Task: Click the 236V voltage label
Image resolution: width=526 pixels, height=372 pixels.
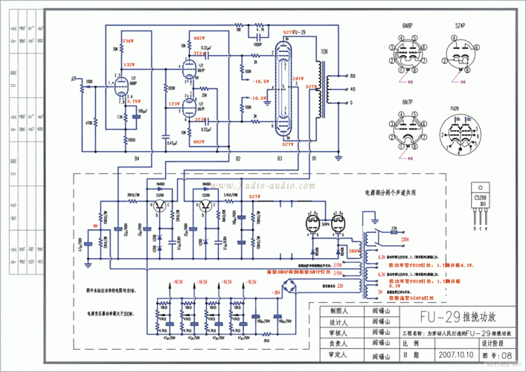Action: (128, 40)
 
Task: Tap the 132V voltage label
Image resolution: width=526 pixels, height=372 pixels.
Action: (129, 65)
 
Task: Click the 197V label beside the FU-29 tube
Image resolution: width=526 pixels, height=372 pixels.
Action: (298, 77)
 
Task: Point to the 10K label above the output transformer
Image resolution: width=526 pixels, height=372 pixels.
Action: (324, 52)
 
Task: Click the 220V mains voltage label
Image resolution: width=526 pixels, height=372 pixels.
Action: (405, 240)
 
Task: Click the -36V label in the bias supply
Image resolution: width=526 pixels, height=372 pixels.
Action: (277, 293)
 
